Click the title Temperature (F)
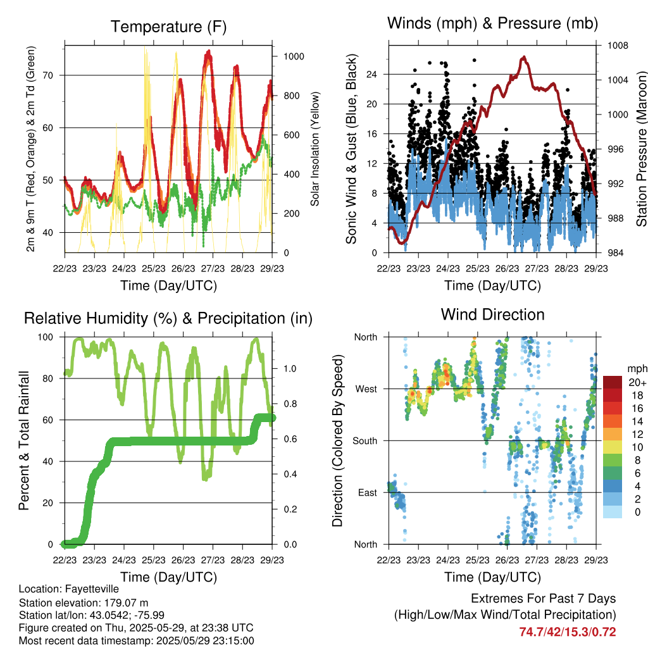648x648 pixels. pos(168,27)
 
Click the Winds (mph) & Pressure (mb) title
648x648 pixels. pos(492,23)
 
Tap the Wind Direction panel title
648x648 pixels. pos(492,315)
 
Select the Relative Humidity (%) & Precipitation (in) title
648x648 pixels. pos(168,318)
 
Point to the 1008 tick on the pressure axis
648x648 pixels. pos(618,46)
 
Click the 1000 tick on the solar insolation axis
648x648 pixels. pos(294,56)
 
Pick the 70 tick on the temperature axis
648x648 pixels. pos(48,75)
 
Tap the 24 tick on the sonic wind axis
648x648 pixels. pos(371,75)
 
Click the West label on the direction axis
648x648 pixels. pos(366,389)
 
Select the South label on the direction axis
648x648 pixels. pos(365,441)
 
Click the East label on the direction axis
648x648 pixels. pos(368,492)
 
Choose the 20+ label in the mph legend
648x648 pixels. pos(637,382)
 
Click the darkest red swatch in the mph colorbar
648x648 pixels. pos(613,382)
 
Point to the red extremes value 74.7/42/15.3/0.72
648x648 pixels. pos(568,632)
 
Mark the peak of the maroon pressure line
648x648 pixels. pos(523,57)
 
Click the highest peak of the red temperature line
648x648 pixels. pos(209,51)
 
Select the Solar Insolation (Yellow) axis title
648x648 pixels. pos(315,149)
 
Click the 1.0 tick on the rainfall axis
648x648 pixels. pos(290,369)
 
